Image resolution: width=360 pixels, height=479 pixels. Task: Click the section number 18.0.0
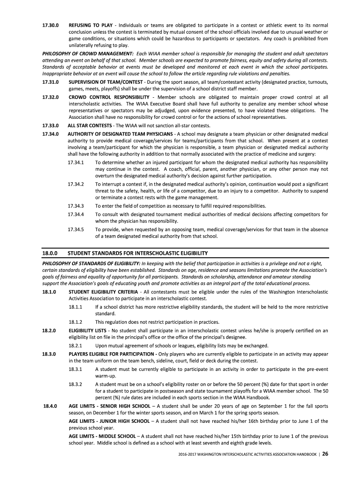(x=50, y=253)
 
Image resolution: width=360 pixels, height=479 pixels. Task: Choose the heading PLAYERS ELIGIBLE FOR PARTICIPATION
(x=113, y=353)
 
